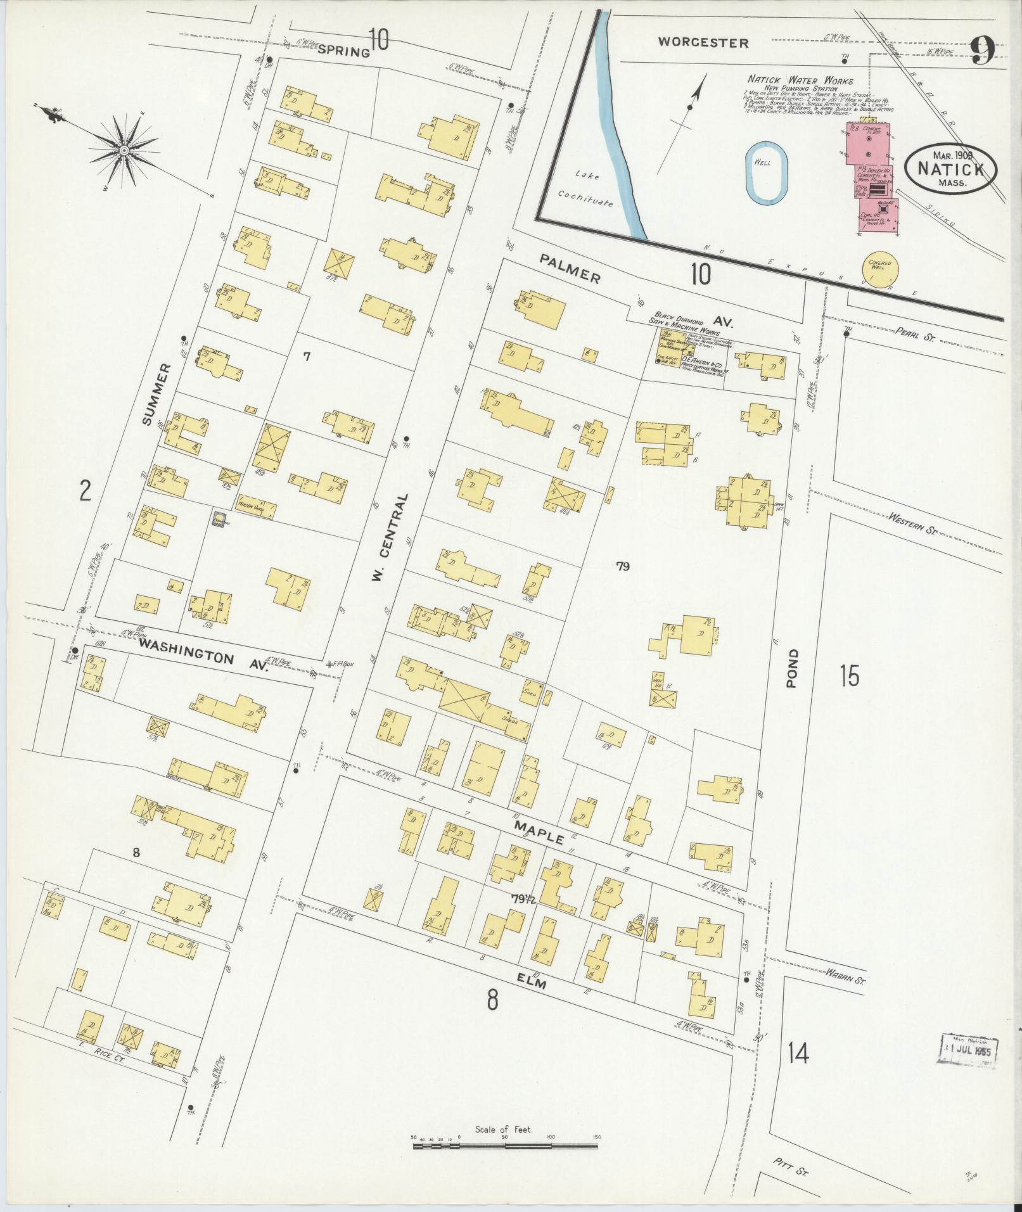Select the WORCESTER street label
[x=703, y=43]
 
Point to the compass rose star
[x=124, y=150]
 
